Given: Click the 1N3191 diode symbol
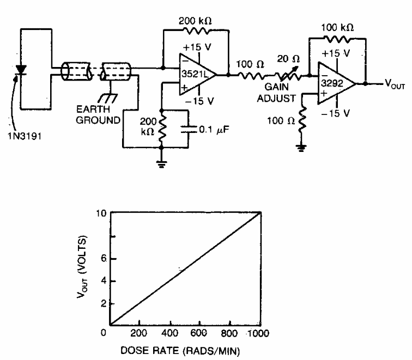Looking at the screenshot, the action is [x=21, y=70].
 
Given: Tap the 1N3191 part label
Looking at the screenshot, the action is [x=25, y=136].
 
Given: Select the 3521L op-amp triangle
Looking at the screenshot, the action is [x=198, y=75].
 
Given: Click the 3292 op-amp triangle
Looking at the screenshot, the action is [x=337, y=83].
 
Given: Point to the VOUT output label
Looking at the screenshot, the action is [x=395, y=84].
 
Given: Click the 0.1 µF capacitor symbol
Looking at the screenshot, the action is [x=189, y=129].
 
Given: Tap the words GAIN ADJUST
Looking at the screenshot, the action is [x=276, y=93].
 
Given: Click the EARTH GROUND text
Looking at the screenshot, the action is [x=98, y=115].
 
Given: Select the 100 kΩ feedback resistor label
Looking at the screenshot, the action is [x=337, y=28].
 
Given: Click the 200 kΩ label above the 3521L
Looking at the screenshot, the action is [x=195, y=21].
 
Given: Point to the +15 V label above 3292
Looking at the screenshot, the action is [x=336, y=53].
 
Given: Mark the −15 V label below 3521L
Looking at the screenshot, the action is [x=199, y=101].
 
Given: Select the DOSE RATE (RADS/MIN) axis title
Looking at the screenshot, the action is [x=180, y=351].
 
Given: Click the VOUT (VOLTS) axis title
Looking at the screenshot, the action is [x=82, y=267].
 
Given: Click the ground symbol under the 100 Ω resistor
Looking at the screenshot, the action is [x=301, y=148].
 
